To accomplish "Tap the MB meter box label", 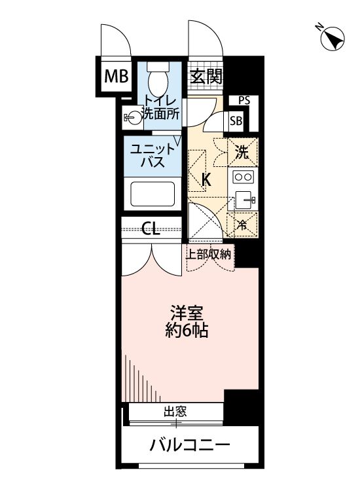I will (x=117, y=77).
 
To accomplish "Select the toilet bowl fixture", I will (x=158, y=81).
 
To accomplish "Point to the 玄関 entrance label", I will (x=206, y=77).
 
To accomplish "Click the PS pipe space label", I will (x=243, y=100).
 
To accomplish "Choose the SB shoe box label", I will (x=236, y=121).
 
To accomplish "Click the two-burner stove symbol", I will (x=243, y=177).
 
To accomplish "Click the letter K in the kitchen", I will (x=206, y=179).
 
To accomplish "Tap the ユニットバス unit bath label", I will (x=152, y=155).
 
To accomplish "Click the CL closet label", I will (x=151, y=229).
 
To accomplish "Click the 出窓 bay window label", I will (x=175, y=412).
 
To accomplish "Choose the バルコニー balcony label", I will (x=190, y=446).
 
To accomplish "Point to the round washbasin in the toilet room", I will (x=134, y=118).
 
